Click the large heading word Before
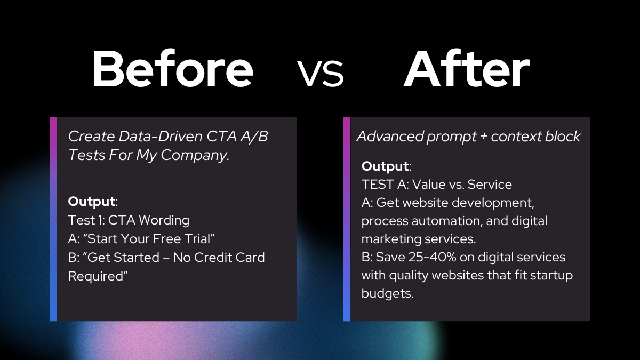tap(173, 69)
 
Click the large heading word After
tap(467, 69)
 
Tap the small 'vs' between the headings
tap(321, 73)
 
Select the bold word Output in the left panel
tap(91, 201)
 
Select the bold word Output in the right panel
tap(385, 166)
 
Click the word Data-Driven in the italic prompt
tap(159, 137)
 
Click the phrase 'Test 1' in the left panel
tap(86, 220)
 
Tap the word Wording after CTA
tap(164, 220)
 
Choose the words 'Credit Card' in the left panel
tap(229, 258)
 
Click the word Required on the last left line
tap(95, 276)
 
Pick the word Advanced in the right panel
tap(390, 137)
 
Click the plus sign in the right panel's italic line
tap(483, 137)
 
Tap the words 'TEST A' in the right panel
tap(385, 185)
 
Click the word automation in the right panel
tap(447, 221)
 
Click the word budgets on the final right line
tap(387, 293)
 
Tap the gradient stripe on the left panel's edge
tap(53, 219)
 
